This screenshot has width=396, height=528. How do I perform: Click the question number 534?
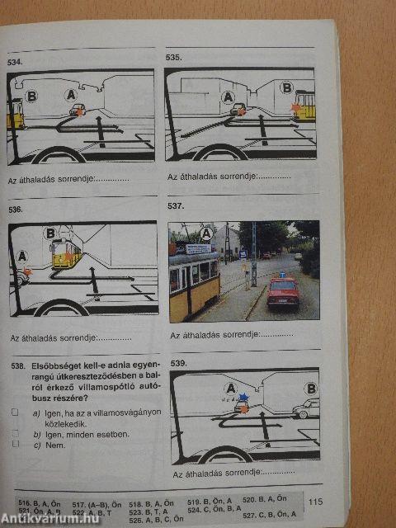click(15, 62)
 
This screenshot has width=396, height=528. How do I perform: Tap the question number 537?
click(177, 205)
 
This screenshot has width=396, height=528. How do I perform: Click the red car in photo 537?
click(283, 293)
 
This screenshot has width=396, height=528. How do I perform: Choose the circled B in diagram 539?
click(311, 388)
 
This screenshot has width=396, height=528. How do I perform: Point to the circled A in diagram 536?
click(22, 255)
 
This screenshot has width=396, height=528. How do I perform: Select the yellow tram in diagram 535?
click(304, 106)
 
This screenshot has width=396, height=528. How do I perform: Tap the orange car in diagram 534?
click(77, 110)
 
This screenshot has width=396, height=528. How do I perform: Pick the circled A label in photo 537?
click(207, 233)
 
